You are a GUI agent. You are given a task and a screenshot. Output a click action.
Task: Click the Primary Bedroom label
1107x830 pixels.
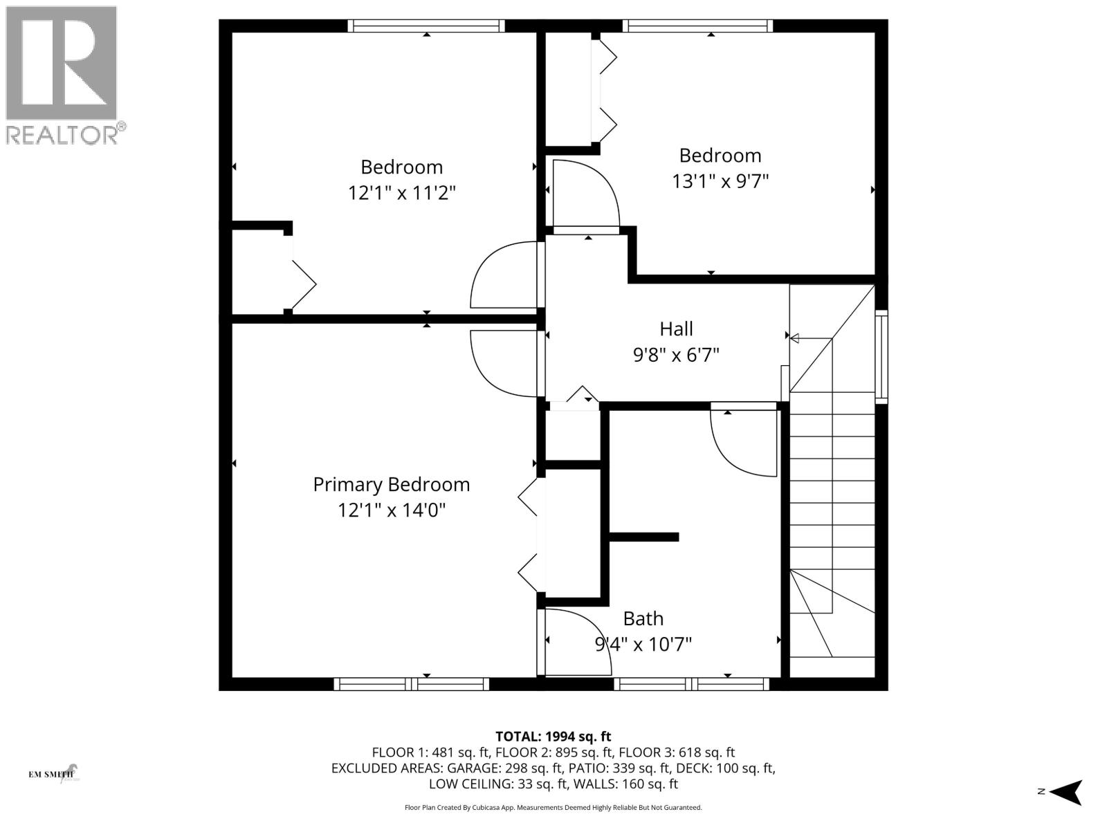pyautogui.click(x=391, y=484)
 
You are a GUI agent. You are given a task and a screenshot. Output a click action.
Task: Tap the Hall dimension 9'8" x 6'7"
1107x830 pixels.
pyautogui.click(x=676, y=355)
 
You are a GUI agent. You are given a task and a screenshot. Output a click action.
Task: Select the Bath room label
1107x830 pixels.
pyautogui.click(x=643, y=618)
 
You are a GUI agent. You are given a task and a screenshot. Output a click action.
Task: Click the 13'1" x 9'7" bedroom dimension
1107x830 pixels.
pyautogui.click(x=720, y=181)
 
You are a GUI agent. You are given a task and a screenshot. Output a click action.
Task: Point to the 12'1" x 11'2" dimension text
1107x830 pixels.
pyautogui.click(x=401, y=192)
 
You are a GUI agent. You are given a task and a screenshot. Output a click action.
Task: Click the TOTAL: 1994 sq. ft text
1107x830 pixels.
pyautogui.click(x=553, y=737)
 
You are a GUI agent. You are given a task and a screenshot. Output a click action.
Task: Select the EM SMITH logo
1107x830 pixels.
pyautogui.click(x=54, y=773)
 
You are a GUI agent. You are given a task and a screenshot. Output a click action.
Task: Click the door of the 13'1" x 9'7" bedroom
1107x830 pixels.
pyautogui.click(x=585, y=195)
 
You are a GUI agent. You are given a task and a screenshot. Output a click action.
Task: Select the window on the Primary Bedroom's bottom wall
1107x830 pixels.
pyautogui.click(x=412, y=684)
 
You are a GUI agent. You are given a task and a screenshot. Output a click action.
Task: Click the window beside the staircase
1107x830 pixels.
pyautogui.click(x=881, y=357)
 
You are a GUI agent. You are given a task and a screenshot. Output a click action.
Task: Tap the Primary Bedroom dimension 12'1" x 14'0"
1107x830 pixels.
pyautogui.click(x=391, y=510)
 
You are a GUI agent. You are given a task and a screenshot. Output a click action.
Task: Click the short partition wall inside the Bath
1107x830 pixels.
pyautogui.click(x=643, y=537)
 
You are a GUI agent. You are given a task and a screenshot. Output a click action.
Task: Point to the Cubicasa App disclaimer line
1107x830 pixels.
pyautogui.click(x=553, y=807)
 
